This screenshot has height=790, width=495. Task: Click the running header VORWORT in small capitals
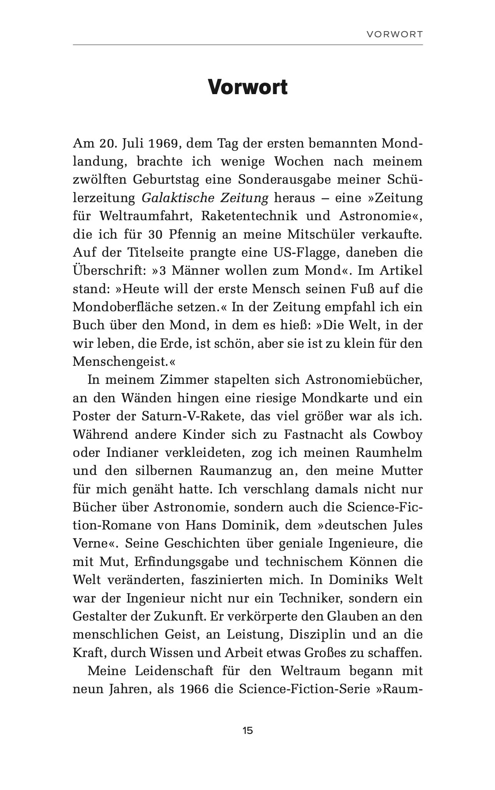[394, 35]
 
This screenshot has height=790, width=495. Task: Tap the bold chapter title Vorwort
[247, 88]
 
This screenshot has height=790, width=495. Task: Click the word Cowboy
[397, 435]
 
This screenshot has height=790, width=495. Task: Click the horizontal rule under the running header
[247, 45]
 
